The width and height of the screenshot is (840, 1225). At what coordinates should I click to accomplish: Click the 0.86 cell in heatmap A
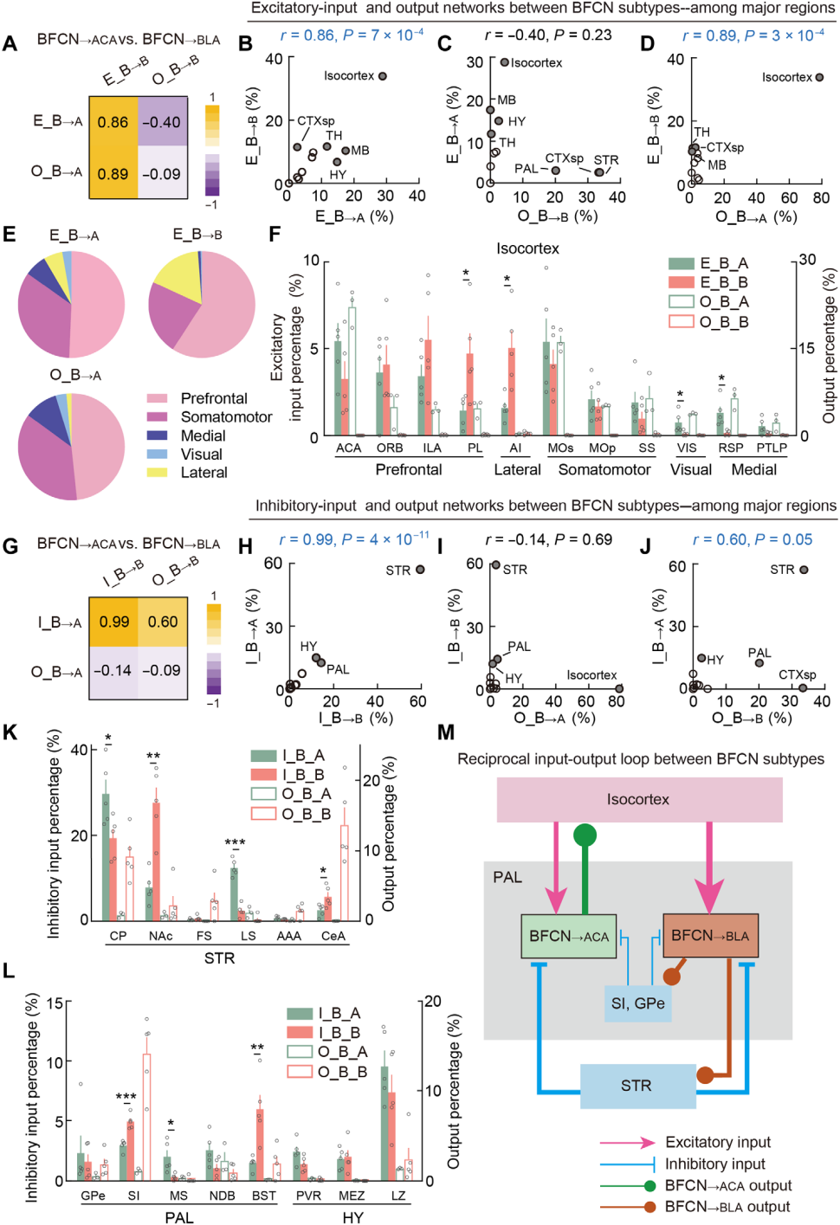(113, 122)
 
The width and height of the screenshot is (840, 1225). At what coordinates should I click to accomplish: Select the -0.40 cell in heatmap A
(162, 122)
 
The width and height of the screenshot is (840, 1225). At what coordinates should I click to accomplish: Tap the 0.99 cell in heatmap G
(113, 622)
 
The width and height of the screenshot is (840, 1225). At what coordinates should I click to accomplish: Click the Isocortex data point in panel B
(383, 76)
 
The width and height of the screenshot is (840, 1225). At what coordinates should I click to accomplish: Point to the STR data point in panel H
(420, 570)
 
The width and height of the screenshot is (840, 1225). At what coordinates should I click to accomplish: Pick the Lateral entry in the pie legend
(204, 473)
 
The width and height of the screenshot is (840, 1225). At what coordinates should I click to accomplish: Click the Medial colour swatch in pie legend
(157, 436)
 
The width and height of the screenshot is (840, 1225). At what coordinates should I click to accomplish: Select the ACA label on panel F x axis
(348, 448)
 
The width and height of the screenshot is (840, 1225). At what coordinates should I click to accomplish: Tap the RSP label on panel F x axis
(731, 448)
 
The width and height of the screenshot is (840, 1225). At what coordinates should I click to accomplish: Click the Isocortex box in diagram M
(639, 799)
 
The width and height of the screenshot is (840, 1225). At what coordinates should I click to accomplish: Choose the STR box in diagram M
(636, 1086)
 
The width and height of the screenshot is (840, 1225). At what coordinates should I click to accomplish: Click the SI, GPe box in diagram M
(638, 1003)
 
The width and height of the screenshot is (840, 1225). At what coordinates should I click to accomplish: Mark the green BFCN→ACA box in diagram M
(568, 936)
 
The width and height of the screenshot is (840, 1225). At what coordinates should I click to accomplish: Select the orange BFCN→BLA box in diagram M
(710, 936)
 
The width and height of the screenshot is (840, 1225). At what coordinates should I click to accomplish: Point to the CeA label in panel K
(333, 936)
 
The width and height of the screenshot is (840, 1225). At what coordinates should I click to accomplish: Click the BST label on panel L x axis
(264, 1196)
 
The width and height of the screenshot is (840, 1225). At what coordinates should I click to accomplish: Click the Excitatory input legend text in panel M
(718, 1143)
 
